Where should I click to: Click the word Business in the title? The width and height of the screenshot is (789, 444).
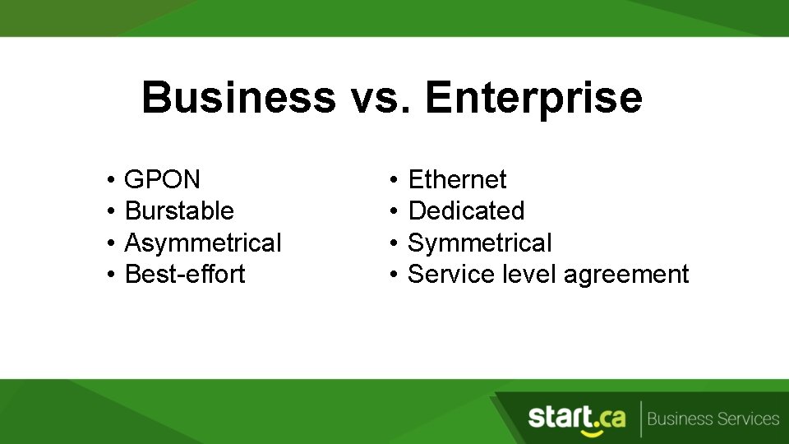[238, 98]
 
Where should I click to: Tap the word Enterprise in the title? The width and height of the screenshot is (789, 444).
[533, 98]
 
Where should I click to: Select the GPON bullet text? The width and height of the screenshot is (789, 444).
[162, 179]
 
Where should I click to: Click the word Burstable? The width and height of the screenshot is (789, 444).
[179, 210]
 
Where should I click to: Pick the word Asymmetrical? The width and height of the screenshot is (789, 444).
[202, 243]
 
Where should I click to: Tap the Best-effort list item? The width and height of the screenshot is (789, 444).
[185, 274]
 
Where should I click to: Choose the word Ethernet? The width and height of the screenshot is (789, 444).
[457, 179]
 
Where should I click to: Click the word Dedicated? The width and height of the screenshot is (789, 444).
[466, 210]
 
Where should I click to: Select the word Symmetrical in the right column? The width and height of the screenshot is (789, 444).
[480, 243]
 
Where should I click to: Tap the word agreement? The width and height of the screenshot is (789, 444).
[626, 275]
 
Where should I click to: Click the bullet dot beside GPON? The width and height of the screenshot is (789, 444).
[109, 180]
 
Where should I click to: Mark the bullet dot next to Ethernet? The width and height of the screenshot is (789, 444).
[394, 180]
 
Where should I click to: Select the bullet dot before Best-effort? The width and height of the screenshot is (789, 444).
[109, 275]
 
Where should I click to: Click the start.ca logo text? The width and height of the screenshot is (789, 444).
[576, 417]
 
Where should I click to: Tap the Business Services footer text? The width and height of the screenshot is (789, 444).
[713, 419]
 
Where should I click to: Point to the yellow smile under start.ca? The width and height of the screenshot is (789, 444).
[589, 432]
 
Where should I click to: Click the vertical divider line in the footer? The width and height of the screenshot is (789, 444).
[640, 419]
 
